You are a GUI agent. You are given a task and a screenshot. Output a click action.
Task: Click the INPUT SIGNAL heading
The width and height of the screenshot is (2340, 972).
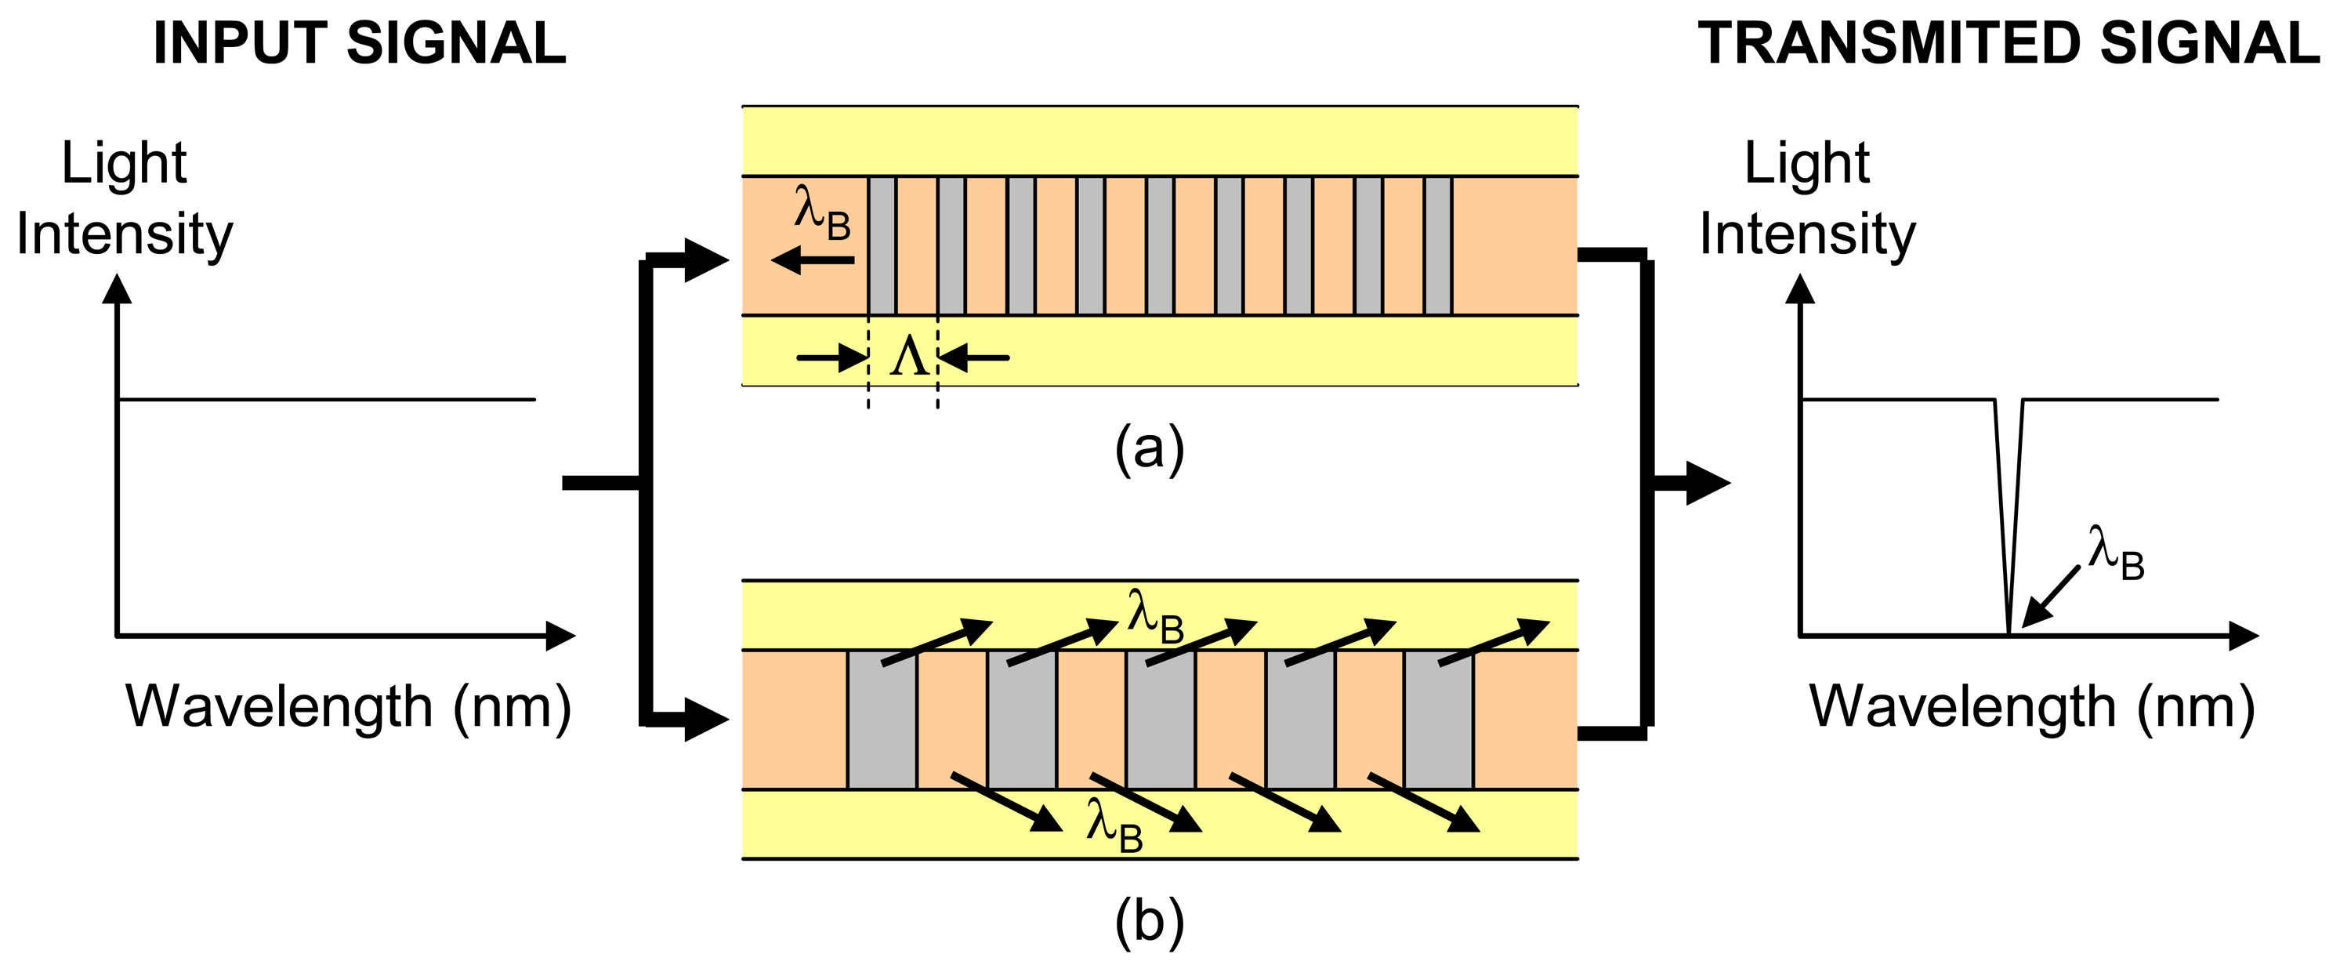click(360, 44)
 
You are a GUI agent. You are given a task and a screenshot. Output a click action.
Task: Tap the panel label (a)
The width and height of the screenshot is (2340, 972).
click(1149, 448)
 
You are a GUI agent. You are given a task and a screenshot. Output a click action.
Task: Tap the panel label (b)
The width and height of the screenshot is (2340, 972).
click(1149, 922)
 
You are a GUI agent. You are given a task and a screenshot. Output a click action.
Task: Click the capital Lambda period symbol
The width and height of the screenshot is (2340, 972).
click(909, 357)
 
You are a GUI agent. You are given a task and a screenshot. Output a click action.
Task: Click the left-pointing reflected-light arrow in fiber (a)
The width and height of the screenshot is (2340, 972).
click(810, 261)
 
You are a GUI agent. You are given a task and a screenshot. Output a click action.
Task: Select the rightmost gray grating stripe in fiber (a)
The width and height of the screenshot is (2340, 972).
click(1438, 245)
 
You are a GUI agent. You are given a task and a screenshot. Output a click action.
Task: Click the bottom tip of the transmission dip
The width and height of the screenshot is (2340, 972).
click(2008, 629)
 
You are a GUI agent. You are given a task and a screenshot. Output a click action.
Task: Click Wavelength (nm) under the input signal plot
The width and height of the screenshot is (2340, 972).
click(349, 707)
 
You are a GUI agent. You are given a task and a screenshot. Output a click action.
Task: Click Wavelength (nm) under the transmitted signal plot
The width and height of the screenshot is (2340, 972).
click(2032, 707)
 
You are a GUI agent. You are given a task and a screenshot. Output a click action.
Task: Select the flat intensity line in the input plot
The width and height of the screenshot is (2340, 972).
click(327, 399)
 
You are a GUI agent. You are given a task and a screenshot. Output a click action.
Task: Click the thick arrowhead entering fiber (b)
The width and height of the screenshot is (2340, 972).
click(706, 720)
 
